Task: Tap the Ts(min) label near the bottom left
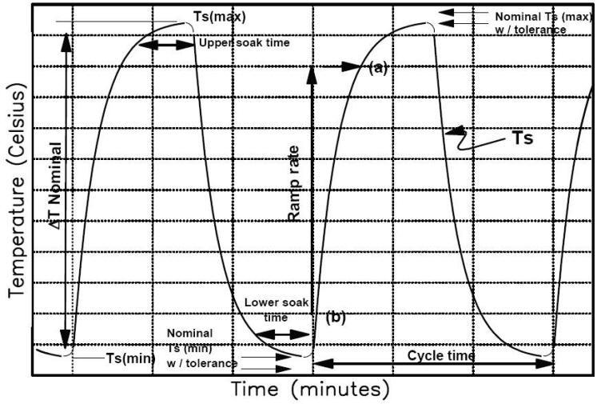coord(130,358)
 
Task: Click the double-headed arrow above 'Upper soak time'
coord(167,46)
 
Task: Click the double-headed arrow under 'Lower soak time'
coord(285,334)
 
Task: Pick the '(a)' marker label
coord(377,68)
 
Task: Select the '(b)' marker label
coord(335,318)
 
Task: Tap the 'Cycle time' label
coord(441,355)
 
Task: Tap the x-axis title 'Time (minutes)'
coord(311,390)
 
